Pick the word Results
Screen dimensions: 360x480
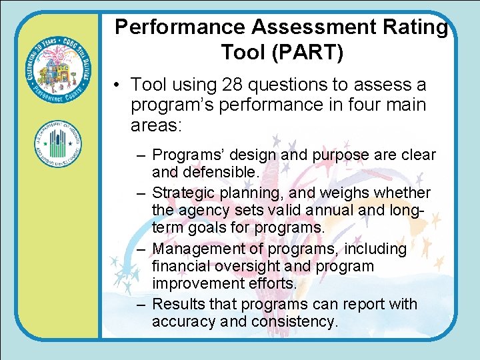click(177, 304)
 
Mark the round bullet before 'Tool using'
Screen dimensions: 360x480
click(117, 86)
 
